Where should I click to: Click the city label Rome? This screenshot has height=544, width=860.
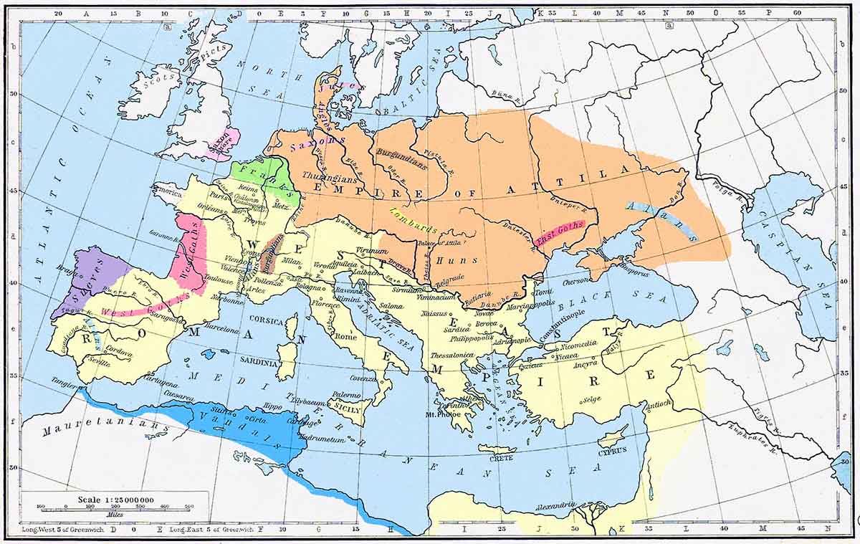tap(345, 336)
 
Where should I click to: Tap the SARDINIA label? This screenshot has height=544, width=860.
tap(259, 363)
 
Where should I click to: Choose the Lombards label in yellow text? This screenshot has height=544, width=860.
tap(414, 219)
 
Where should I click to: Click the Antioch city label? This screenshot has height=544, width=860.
tap(659, 404)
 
